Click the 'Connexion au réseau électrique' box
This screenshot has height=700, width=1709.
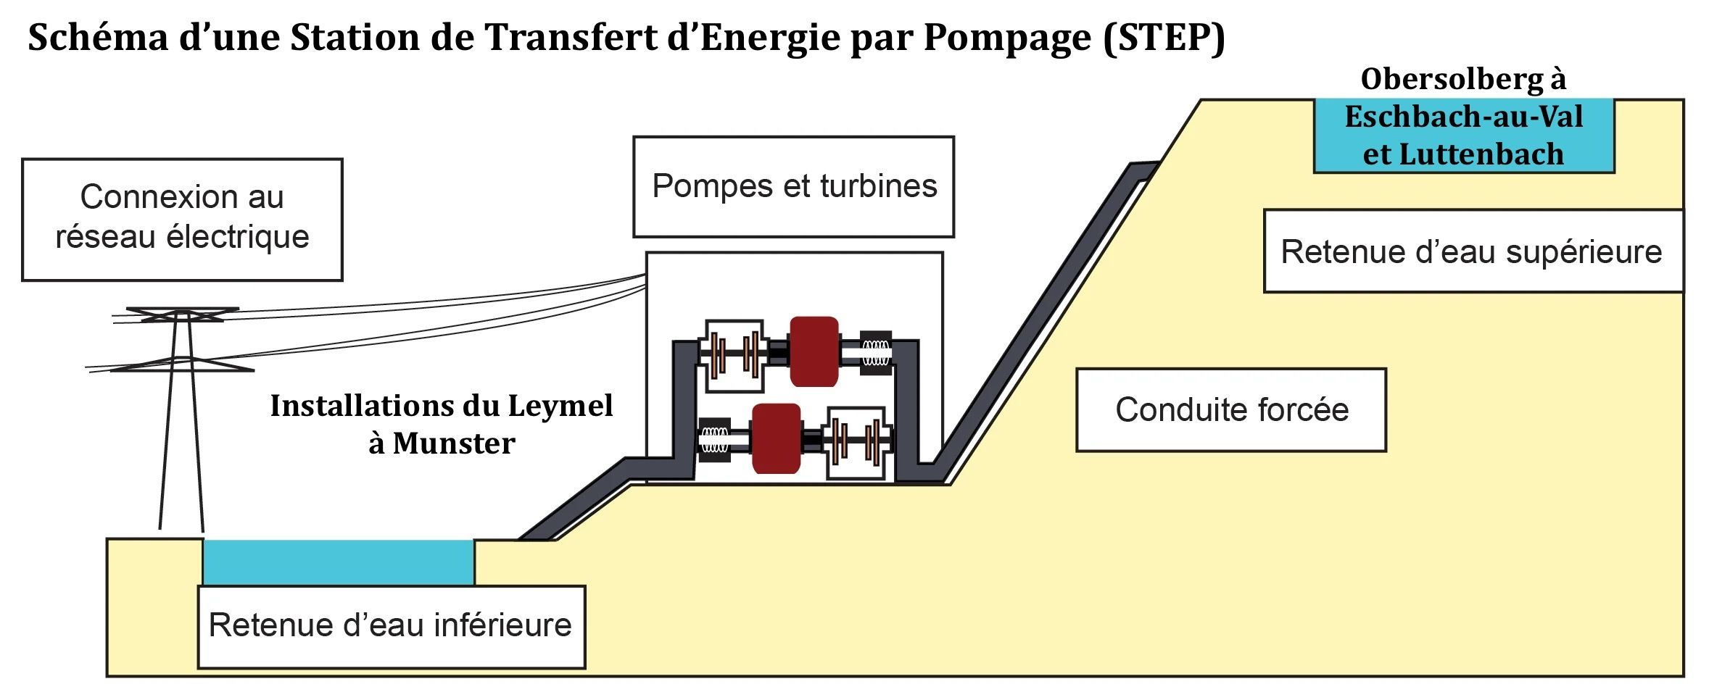click(182, 219)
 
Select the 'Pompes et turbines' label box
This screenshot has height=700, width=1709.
click(793, 186)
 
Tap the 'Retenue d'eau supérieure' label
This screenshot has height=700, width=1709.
click(1472, 251)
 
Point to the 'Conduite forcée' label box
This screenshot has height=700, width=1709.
click(1231, 409)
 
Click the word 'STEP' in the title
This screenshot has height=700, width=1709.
click(1164, 38)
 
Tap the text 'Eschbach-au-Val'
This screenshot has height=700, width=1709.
click(1463, 117)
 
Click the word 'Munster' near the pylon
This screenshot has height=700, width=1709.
click(454, 443)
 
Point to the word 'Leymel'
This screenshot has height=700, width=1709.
click(560, 406)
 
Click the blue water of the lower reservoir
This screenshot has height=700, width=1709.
click(338, 562)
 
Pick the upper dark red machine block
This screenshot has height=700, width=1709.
click(814, 351)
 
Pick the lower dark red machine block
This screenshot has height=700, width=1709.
click(776, 438)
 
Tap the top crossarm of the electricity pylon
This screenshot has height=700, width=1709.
click(182, 312)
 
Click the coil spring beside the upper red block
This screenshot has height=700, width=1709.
click(875, 353)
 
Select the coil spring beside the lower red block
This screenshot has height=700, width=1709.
click(714, 439)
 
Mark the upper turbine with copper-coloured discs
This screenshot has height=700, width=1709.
click(735, 355)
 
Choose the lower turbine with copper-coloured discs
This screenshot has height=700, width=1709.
click(857, 441)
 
